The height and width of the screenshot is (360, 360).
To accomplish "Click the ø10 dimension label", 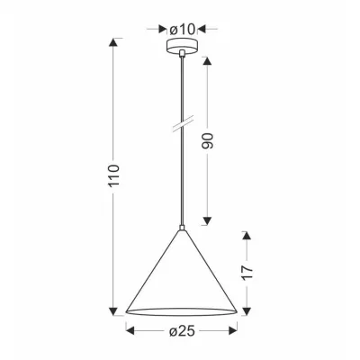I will [184, 30].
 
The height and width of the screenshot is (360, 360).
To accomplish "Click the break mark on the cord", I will [183, 121].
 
